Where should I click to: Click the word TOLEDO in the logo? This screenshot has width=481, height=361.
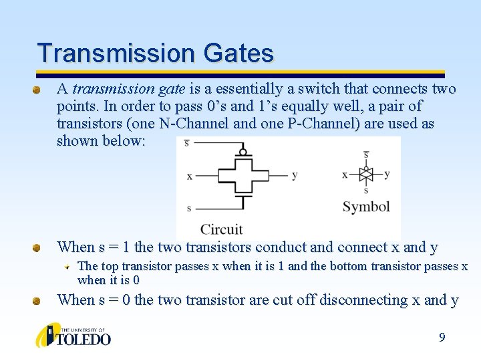tap(84, 340)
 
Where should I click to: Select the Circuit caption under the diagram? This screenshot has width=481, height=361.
tap(221, 229)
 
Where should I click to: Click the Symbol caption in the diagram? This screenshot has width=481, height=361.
tap(366, 207)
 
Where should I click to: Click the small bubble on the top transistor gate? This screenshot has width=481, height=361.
tap(243, 152)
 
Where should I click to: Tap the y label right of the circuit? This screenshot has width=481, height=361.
tap(295, 175)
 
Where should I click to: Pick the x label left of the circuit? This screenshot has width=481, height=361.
tap(190, 176)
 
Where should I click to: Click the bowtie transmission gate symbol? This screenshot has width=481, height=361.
tap(366, 174)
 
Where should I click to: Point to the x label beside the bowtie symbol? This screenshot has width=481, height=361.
tap(345, 175)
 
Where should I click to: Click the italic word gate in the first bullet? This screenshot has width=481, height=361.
tap(153, 89)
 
